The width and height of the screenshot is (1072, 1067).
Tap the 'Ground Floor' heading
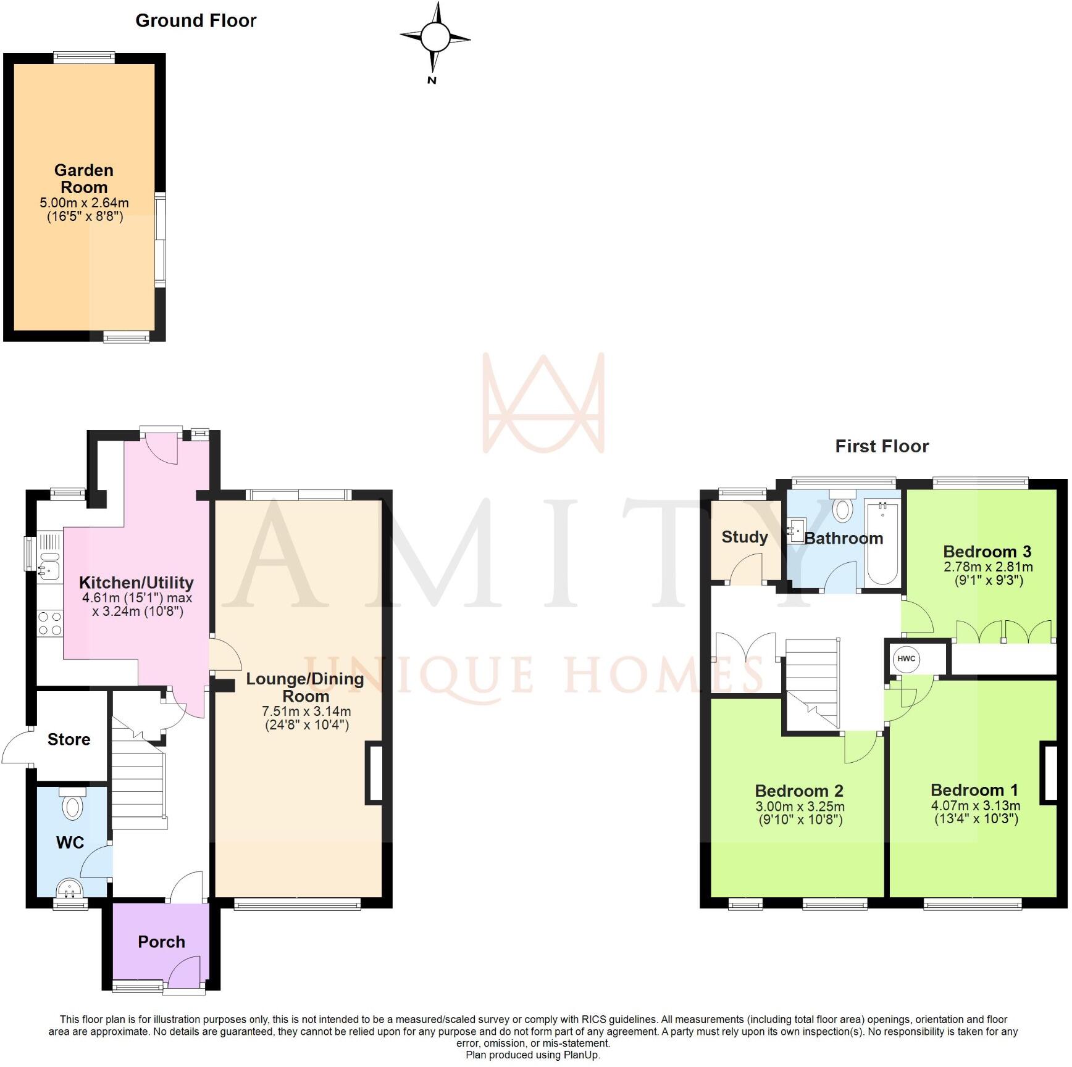click(x=196, y=21)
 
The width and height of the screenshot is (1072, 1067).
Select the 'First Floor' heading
click(x=881, y=446)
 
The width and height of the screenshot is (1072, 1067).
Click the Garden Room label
click(x=84, y=178)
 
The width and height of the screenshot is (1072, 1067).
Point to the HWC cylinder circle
click(x=906, y=658)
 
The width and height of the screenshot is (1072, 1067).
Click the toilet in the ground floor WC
click(x=73, y=805)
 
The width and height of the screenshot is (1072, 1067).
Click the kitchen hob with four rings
click(x=49, y=623)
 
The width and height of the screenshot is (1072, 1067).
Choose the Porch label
click(x=161, y=942)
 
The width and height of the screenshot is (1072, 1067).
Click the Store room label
click(x=69, y=739)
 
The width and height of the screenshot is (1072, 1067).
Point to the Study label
click(x=744, y=537)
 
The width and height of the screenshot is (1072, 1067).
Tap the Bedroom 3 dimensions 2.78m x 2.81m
click(x=987, y=567)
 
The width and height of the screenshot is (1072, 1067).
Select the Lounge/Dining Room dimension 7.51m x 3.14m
click(x=306, y=712)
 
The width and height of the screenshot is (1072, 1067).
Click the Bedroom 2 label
click(x=799, y=791)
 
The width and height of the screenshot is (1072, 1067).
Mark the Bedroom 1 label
click(x=974, y=790)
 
